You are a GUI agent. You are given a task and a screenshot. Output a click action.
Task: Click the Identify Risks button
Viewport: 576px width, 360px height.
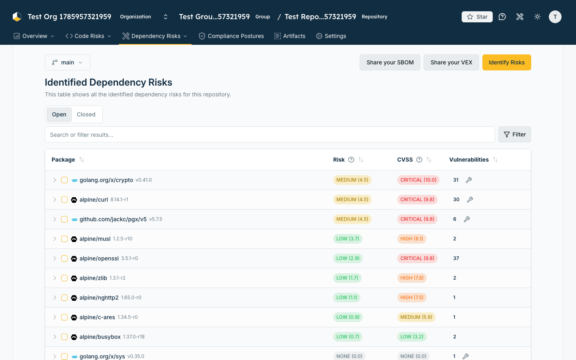pyautogui.click(x=506, y=62)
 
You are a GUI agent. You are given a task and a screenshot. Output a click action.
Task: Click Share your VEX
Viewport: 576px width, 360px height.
pyautogui.click(x=451, y=62)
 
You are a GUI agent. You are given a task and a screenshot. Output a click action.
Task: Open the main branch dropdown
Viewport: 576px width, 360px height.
pyautogui.click(x=68, y=62)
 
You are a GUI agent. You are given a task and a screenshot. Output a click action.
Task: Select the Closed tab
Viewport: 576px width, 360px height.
pyautogui.click(x=86, y=114)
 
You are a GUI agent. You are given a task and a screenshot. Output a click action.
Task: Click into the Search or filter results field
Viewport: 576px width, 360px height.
pyautogui.click(x=270, y=134)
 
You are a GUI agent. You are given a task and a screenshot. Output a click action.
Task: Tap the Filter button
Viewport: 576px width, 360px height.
pyautogui.click(x=514, y=134)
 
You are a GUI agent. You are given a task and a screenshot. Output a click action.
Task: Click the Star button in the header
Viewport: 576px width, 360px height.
pyautogui.click(x=477, y=17)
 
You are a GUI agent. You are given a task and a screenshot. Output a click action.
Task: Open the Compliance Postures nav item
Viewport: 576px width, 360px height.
pyautogui.click(x=231, y=36)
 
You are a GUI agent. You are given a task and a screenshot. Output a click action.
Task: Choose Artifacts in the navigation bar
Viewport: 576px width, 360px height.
pyautogui.click(x=290, y=36)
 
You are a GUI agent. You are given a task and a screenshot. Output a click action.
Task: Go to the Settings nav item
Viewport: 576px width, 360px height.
pyautogui.click(x=331, y=36)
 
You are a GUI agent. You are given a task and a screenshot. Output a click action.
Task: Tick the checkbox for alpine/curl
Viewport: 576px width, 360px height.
pyautogui.click(x=64, y=200)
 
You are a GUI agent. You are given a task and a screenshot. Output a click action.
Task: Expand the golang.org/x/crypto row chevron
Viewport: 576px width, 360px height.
pyautogui.click(x=54, y=180)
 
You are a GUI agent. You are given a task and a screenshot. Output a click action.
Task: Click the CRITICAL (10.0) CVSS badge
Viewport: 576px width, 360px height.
pyautogui.click(x=418, y=180)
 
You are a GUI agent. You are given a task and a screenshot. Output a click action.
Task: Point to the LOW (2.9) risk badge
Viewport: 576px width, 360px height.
pyautogui.click(x=348, y=258)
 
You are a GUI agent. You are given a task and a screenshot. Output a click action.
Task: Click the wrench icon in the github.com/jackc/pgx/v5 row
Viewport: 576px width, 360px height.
pyautogui.click(x=467, y=219)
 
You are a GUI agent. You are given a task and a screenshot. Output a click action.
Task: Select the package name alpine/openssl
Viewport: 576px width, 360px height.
pyautogui.click(x=99, y=258)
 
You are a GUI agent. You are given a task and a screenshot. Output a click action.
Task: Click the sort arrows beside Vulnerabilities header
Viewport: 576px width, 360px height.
pyautogui.click(x=495, y=160)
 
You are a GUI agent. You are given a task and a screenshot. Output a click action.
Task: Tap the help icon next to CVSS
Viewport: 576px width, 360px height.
pyautogui.click(x=419, y=160)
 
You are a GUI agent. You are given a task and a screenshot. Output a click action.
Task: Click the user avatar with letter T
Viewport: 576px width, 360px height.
pyautogui.click(x=555, y=17)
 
